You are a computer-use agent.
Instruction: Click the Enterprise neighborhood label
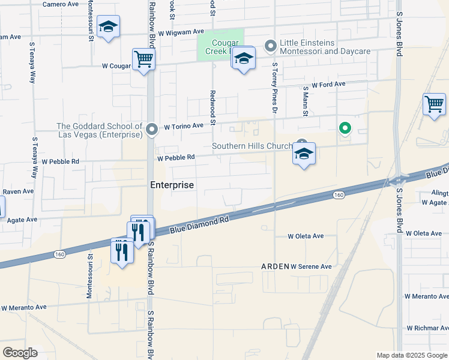point(172,185)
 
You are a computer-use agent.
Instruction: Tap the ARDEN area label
point(275,266)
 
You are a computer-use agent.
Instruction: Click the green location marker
point(345,127)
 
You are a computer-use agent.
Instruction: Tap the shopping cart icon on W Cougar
point(143,59)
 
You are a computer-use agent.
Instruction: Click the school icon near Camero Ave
point(108,26)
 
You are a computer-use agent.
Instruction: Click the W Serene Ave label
point(311,266)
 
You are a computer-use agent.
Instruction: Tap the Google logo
point(20,352)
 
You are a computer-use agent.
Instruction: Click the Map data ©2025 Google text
point(412,355)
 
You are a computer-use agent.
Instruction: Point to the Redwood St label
point(212,104)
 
